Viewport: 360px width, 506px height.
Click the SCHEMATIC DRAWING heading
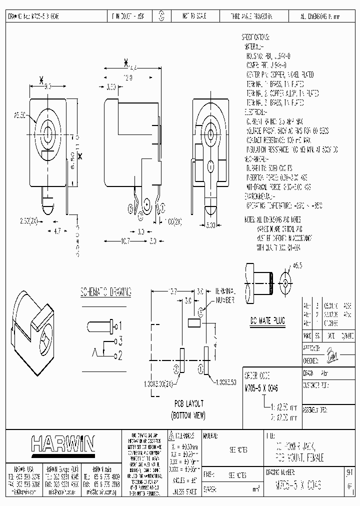coord(106,291)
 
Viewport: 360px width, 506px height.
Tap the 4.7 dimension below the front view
coord(57,231)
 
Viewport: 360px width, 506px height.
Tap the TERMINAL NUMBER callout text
coord(224,295)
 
